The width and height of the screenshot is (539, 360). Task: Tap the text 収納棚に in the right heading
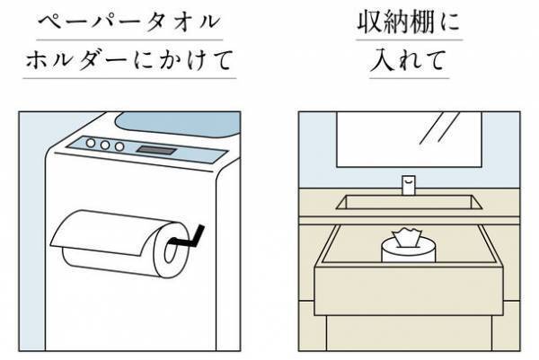click(x=408, y=22)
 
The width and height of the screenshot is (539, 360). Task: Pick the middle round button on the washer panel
click(x=105, y=144)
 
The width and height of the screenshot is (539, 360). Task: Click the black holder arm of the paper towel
click(x=190, y=240)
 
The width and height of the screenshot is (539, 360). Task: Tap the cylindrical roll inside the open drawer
click(x=408, y=251)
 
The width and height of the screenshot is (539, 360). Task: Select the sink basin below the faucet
click(x=408, y=204)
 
